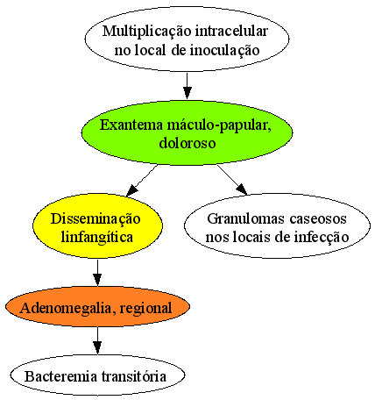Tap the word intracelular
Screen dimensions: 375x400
pyautogui.click(x=231, y=31)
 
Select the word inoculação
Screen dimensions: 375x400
pyautogui.click(x=224, y=51)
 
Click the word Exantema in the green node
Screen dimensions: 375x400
pyautogui.click(x=131, y=125)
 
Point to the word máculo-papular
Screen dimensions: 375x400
pyautogui.click(x=219, y=125)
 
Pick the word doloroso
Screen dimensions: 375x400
pyautogui.click(x=187, y=143)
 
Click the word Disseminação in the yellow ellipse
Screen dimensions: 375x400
pyautogui.click(x=96, y=219)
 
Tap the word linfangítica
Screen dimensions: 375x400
pyautogui.click(x=97, y=238)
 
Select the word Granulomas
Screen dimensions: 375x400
pyautogui.click(x=246, y=218)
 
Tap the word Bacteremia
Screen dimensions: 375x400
pyautogui.click(x=62, y=376)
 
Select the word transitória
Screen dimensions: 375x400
pyautogui.click(x=134, y=376)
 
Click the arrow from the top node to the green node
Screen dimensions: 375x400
pyautogui.click(x=187, y=86)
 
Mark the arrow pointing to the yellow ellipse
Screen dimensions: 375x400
pyautogui.click(x=142, y=180)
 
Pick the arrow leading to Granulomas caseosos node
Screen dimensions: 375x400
pyautogui.click(x=232, y=180)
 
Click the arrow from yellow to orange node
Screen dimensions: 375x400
pyautogui.click(x=97, y=273)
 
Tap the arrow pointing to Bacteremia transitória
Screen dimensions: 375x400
pyautogui.click(x=97, y=340)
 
